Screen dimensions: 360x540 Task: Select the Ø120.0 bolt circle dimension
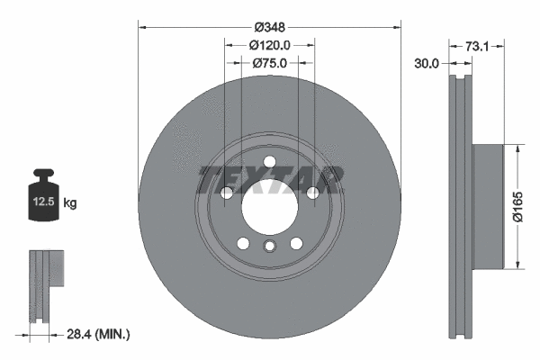269,44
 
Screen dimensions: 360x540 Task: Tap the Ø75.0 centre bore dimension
269,63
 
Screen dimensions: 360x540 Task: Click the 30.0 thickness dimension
426,63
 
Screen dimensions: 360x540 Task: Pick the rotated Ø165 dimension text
519,205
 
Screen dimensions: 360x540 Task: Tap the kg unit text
71,203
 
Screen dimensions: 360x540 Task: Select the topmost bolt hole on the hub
269,162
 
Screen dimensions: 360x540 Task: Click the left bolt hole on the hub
227,193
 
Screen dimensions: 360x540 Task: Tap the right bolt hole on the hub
312,193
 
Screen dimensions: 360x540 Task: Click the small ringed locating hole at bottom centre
269,248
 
